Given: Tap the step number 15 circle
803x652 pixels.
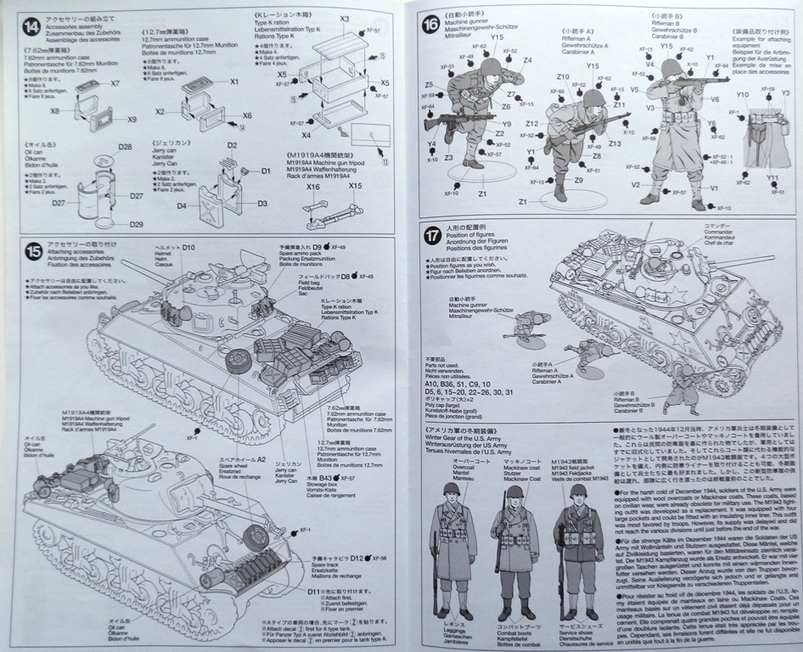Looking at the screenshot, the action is pos(32,250).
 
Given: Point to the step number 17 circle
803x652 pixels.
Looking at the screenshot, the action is pos(432,233).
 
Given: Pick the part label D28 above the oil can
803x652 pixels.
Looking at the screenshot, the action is pos(125,147).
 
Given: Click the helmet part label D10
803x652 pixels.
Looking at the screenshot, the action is pos(188,247).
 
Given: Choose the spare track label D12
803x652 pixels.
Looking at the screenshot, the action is pos(357,558).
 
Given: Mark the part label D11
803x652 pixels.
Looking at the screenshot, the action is pos(314,590).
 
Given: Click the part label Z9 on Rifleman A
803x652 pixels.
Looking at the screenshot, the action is pos(579,179).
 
